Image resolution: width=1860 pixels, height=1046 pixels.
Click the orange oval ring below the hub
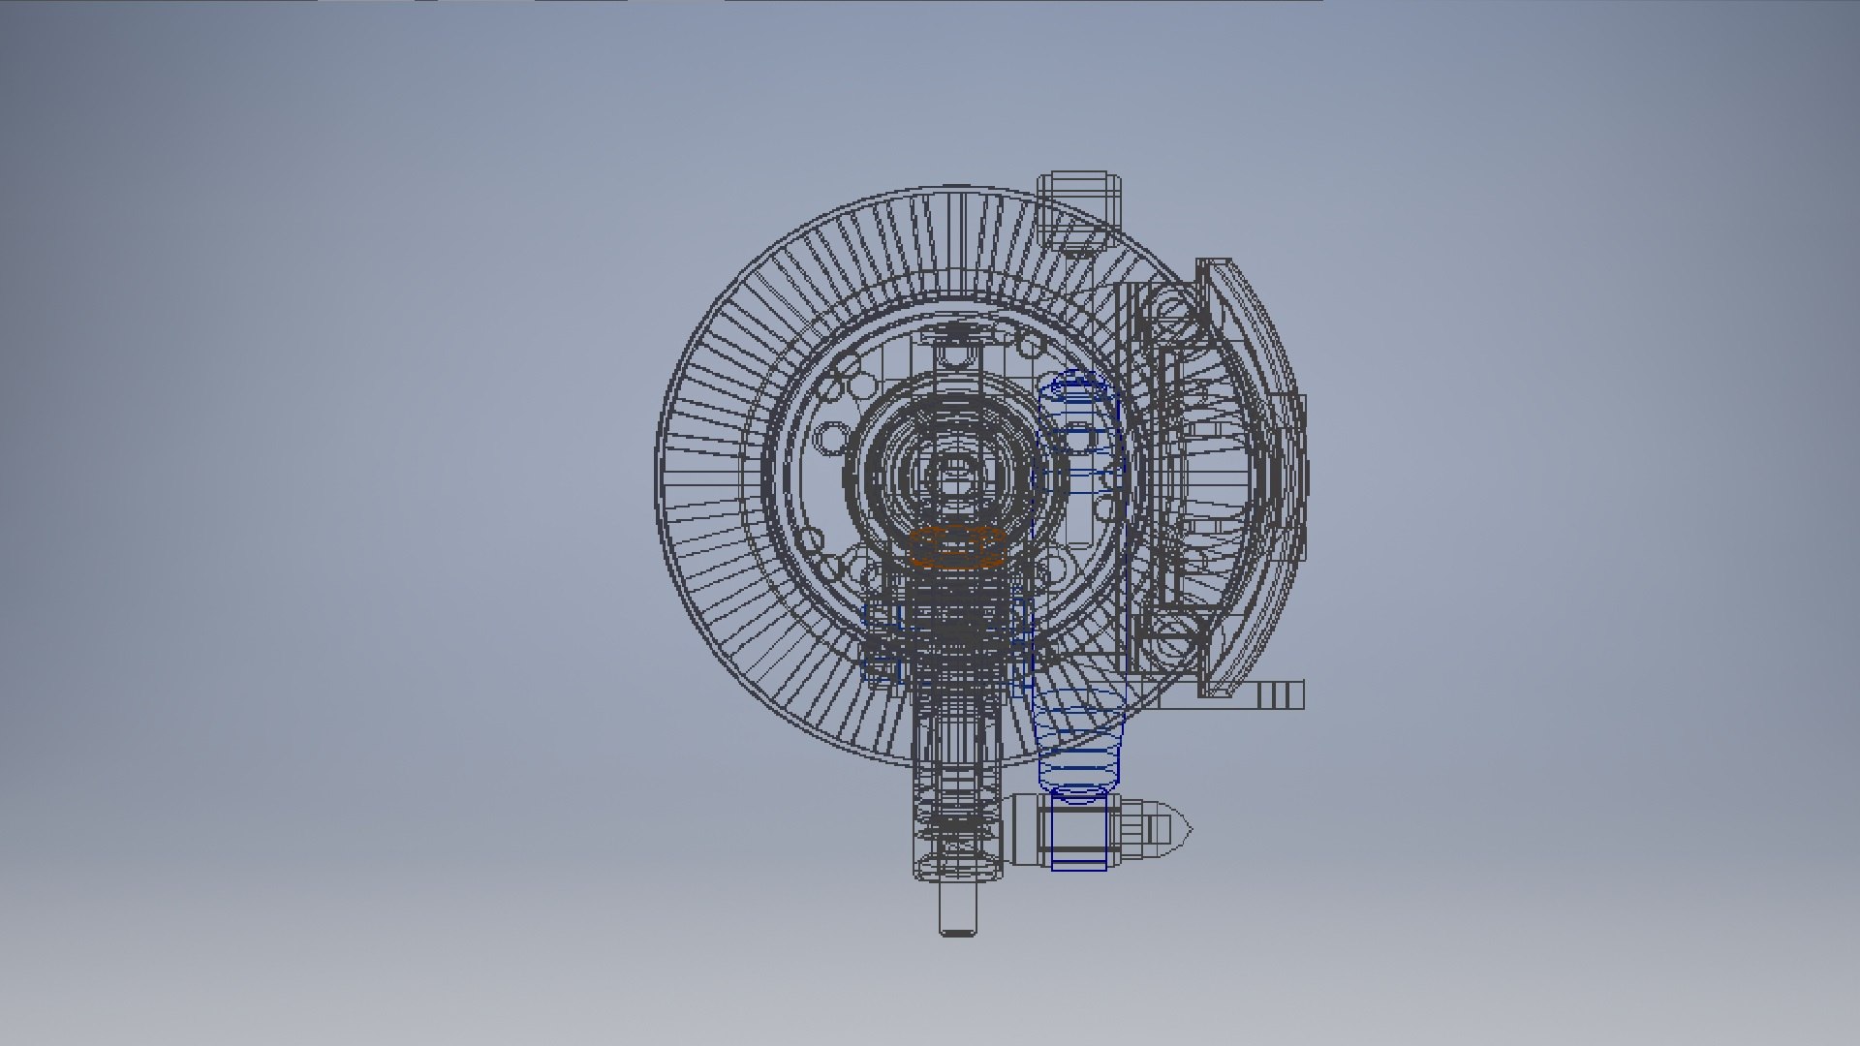pos(956,547)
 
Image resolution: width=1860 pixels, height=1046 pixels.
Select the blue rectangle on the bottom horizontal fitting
pos(1078,832)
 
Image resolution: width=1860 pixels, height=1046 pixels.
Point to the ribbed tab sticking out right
pos(1279,694)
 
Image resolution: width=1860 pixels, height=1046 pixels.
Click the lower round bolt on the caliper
pos(1168,636)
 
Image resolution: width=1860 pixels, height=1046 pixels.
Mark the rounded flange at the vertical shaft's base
pos(956,868)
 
